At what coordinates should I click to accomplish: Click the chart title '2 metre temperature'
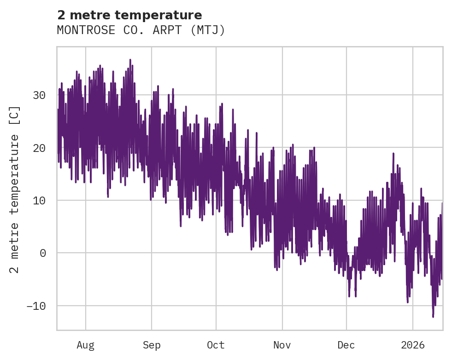tap(129, 15)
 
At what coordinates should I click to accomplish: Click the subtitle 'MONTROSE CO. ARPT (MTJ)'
tap(141, 30)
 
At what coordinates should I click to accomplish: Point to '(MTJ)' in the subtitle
tap(210, 30)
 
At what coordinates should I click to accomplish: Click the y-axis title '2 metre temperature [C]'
tap(15, 189)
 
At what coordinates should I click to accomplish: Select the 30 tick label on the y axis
tap(39, 95)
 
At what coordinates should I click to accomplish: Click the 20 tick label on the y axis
tap(39, 148)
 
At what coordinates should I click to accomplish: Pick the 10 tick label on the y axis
tap(39, 200)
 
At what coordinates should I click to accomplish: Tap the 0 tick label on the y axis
tap(42, 253)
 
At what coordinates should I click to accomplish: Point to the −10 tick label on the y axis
tap(36, 306)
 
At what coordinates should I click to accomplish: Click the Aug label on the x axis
tap(85, 345)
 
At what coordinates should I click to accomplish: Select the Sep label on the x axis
tap(152, 345)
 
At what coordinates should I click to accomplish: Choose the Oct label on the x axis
tap(216, 345)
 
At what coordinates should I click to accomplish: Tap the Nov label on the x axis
tap(282, 345)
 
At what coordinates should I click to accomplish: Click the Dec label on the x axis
tap(346, 345)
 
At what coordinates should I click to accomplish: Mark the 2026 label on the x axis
tap(412, 345)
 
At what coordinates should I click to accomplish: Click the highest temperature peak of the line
tap(130, 60)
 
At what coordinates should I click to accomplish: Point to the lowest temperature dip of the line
tap(433, 316)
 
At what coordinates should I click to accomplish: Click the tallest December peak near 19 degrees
tap(393, 153)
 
